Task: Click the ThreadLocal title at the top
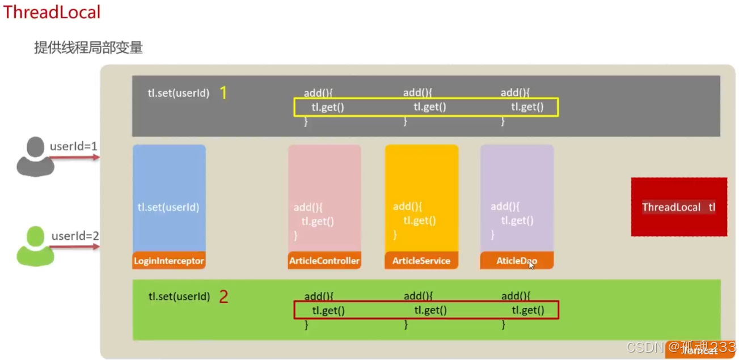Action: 52,12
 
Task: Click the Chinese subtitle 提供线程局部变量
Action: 88,48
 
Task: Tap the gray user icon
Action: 35,156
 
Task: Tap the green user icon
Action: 35,246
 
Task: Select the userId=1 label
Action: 74,146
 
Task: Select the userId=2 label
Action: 75,236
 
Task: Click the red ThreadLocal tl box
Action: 678,207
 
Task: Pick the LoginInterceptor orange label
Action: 169,261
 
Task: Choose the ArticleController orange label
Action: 324,261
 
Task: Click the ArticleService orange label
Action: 421,261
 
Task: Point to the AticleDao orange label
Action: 517,261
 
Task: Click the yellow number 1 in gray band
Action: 223,93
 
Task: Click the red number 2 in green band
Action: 223,297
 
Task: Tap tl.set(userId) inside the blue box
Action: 168,207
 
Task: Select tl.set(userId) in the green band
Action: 179,297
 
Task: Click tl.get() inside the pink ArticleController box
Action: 318,222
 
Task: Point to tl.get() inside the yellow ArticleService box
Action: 420,221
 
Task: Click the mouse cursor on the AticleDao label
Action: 531,264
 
